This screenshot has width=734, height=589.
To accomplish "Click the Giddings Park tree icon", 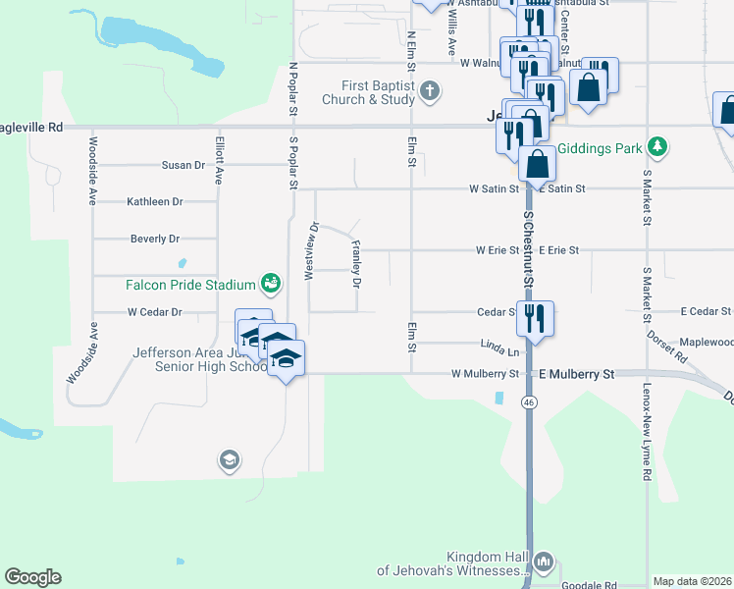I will [x=656, y=148].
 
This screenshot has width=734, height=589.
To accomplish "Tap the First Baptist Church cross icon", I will [x=429, y=92].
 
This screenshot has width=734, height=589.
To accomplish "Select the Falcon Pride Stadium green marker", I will [x=270, y=285].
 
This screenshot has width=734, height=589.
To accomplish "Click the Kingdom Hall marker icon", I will [x=545, y=563].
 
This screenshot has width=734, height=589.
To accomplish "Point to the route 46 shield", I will [x=529, y=402].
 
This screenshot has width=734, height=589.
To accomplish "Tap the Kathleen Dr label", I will [x=155, y=201].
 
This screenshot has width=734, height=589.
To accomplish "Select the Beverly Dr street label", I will [x=155, y=239].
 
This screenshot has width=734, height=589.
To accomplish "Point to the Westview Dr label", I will [x=311, y=251].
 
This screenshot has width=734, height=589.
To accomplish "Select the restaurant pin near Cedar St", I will [x=536, y=318].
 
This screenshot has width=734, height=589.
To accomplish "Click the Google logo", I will [x=32, y=577].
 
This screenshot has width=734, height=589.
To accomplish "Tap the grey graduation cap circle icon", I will [x=229, y=459].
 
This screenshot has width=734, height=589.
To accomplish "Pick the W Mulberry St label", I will [x=485, y=374].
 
